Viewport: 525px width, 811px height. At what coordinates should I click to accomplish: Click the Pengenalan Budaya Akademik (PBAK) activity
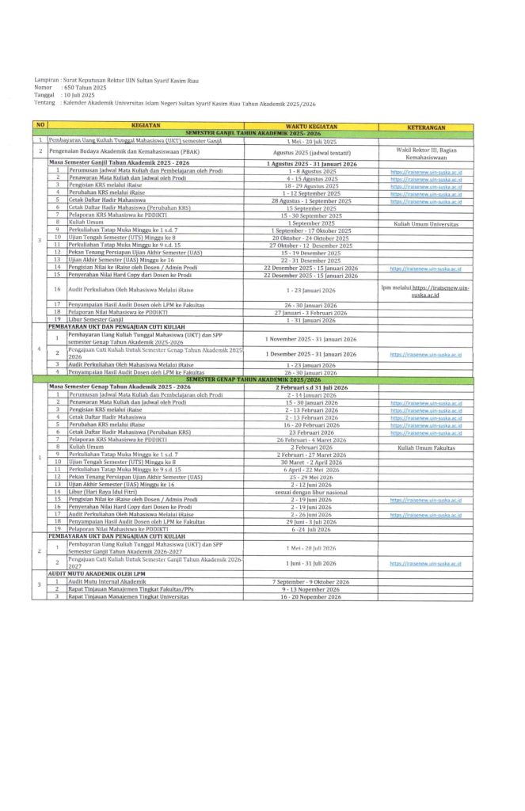pyautogui.click(x=134, y=150)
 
